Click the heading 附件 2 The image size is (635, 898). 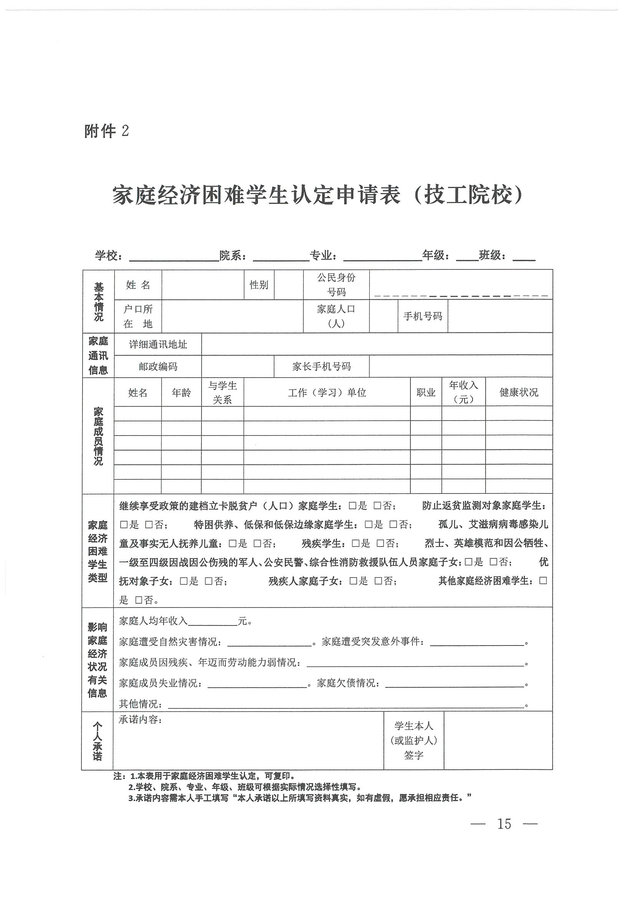(x=106, y=131)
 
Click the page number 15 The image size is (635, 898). (x=504, y=824)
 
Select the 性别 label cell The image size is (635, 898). (x=259, y=285)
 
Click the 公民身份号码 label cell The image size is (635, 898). (x=336, y=285)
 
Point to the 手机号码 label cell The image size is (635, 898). (x=423, y=316)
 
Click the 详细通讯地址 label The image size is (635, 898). (x=158, y=344)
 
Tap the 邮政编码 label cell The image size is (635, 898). (x=158, y=366)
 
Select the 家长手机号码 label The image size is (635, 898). (x=321, y=366)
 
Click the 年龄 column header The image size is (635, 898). (x=181, y=392)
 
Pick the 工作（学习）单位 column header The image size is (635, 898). (x=327, y=392)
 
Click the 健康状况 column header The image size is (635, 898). (x=519, y=392)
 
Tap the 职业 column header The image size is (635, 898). (x=426, y=392)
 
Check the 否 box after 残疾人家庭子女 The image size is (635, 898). (x=378, y=581)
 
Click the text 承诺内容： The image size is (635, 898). (x=140, y=720)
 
